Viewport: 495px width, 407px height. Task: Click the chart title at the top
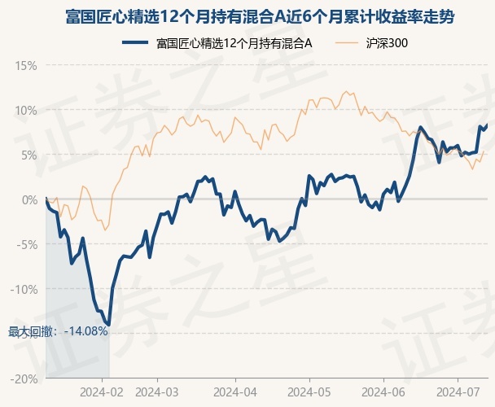[x=247, y=16]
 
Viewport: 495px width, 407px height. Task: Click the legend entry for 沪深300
[x=380, y=43]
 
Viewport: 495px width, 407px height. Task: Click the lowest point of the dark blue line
[x=108, y=325]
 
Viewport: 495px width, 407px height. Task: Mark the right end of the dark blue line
[x=487, y=125]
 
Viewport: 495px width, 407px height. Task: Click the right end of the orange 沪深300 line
[x=484, y=151]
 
